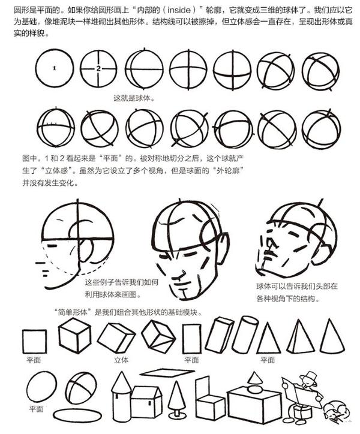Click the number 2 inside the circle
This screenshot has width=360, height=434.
point(98,68)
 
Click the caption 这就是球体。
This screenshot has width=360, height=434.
point(134,98)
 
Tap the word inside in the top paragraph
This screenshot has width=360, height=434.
point(179,10)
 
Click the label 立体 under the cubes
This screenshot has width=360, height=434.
point(121,360)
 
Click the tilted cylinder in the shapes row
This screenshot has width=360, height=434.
point(245,334)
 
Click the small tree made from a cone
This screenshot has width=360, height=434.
point(177,399)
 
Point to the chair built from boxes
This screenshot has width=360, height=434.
point(210,399)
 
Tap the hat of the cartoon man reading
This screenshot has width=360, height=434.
point(309,376)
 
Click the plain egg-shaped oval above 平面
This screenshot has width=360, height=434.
point(41,387)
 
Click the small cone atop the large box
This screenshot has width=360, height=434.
point(254,378)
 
